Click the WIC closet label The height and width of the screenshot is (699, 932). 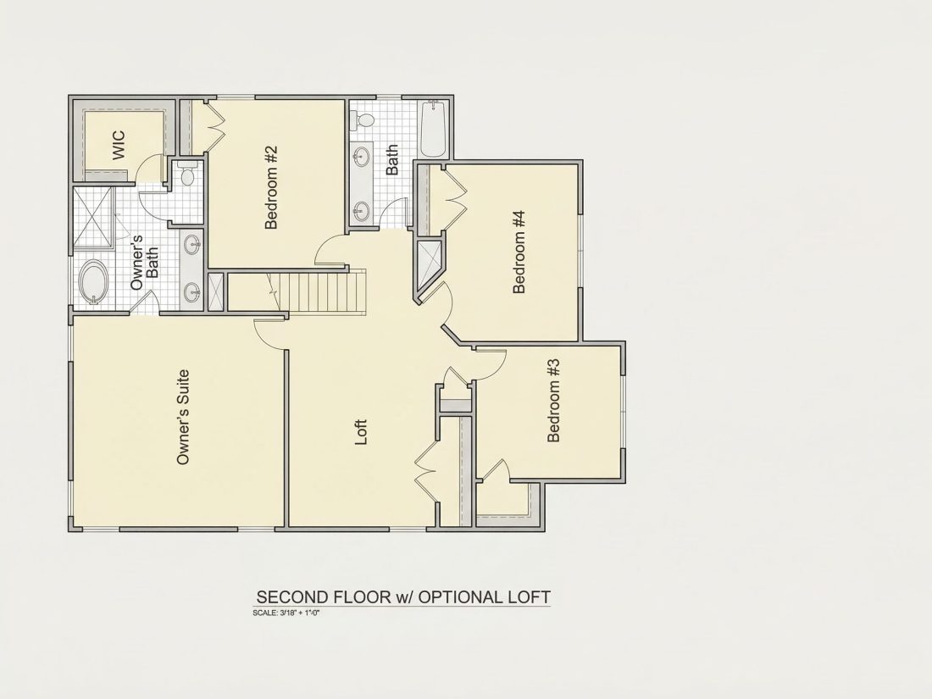(x=119, y=144)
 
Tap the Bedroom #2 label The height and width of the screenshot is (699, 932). (x=271, y=188)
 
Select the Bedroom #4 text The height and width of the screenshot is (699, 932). (x=519, y=252)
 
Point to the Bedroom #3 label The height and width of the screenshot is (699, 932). (x=552, y=401)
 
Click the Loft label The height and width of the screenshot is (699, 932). (x=361, y=432)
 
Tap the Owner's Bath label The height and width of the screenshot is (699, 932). (x=144, y=263)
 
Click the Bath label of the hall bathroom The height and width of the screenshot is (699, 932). (x=391, y=160)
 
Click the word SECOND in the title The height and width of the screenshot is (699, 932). (x=292, y=596)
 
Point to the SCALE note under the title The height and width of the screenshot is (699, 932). (x=286, y=613)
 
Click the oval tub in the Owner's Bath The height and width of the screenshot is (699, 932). (x=94, y=282)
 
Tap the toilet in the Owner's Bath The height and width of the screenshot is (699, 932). (x=187, y=174)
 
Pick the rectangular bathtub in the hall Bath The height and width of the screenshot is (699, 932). (x=433, y=130)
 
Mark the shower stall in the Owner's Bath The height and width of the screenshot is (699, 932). (x=92, y=217)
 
